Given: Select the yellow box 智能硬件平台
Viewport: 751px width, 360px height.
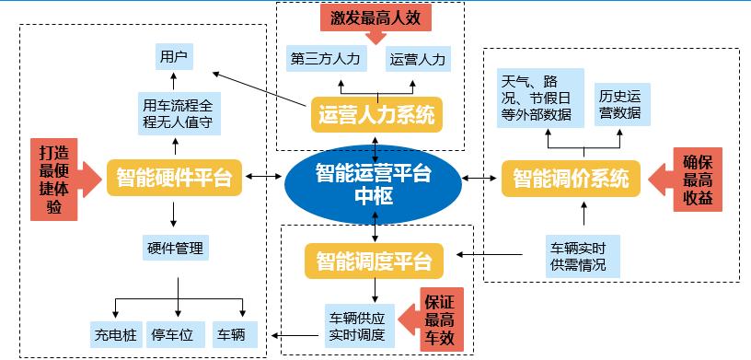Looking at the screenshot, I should [174, 177].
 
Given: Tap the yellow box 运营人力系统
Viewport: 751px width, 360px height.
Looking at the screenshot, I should [375, 115].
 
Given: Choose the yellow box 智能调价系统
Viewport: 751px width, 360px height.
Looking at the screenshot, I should [571, 177].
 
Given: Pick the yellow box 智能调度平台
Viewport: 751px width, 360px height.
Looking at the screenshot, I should [374, 261].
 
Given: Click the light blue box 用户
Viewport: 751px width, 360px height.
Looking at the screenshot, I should [173, 58].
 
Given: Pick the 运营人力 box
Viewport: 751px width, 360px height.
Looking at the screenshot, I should [417, 59].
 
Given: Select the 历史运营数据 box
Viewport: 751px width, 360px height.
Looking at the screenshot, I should [619, 102].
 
